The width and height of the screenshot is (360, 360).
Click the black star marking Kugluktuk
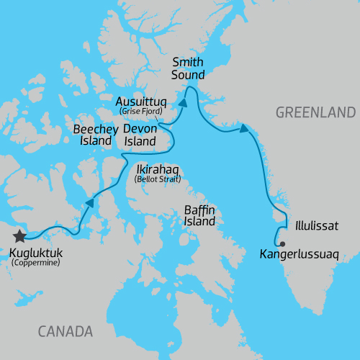(19, 236)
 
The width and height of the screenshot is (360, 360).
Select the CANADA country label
(66, 332)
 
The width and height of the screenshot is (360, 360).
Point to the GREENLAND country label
(316, 112)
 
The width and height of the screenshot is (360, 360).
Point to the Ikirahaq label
(158, 169)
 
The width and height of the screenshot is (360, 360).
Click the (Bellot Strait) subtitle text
(158, 179)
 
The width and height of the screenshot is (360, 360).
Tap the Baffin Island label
(199, 215)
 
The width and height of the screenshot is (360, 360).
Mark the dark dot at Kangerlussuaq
(282, 244)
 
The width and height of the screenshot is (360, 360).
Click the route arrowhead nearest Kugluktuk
(91, 203)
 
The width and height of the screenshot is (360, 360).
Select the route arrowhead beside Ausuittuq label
(183, 104)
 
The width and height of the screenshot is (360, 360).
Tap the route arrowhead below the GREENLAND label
(244, 130)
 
